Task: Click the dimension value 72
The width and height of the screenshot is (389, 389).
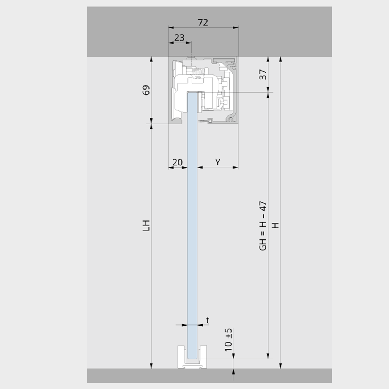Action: pyautogui.click(x=203, y=22)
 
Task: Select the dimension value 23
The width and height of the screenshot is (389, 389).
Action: pyautogui.click(x=180, y=38)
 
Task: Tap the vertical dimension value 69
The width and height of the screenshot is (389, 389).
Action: pyautogui.click(x=146, y=90)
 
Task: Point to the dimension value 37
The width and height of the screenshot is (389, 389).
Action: pyautogui.click(x=263, y=74)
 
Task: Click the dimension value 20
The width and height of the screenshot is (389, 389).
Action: pyautogui.click(x=177, y=162)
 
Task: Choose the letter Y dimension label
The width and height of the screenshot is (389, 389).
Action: pyautogui.click(x=217, y=162)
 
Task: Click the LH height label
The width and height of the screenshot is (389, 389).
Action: pyautogui.click(x=146, y=225)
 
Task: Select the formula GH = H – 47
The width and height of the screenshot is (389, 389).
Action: pyautogui.click(x=263, y=226)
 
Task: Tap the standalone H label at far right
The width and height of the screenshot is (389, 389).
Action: pyautogui.click(x=276, y=225)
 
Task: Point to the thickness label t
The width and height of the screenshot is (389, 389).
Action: pyautogui.click(x=208, y=320)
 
